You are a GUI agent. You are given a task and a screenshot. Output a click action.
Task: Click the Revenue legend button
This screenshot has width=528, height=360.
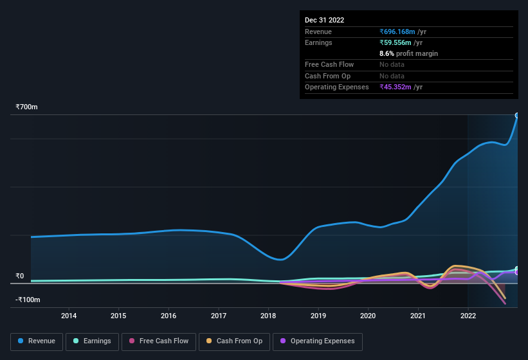[x=37, y=341]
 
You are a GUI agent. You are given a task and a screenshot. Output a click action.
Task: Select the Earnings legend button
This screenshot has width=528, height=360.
[x=92, y=341]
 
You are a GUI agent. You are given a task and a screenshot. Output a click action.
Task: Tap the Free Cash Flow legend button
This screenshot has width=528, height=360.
[x=158, y=341]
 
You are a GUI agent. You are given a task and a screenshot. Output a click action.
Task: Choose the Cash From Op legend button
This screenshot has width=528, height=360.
[x=235, y=341]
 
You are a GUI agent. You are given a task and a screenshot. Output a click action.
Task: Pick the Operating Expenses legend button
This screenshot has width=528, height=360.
[x=318, y=341]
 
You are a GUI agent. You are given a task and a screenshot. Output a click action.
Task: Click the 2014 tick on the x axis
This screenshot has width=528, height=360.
[x=69, y=316]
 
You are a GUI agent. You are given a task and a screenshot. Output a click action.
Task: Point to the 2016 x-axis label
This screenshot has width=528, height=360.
[x=168, y=316]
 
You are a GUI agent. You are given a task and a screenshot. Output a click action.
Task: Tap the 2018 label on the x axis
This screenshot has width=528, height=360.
[x=268, y=316]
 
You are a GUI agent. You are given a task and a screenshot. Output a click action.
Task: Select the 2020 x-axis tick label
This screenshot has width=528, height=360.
[x=368, y=316]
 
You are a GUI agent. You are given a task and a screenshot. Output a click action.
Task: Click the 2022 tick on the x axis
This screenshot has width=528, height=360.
[x=468, y=316]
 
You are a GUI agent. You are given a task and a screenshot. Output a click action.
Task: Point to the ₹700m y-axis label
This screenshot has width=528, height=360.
[x=27, y=107]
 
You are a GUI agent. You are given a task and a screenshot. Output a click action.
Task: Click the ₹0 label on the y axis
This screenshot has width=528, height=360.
[x=20, y=276]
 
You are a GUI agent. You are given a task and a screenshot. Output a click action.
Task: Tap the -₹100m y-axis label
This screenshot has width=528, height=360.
[x=28, y=300]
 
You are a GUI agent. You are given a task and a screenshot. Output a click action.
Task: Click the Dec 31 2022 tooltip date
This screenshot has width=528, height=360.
[x=324, y=20]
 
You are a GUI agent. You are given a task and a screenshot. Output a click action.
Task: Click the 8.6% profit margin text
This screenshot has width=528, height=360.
[x=408, y=54]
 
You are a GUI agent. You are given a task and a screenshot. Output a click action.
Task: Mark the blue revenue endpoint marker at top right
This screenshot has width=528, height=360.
[x=517, y=116]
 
